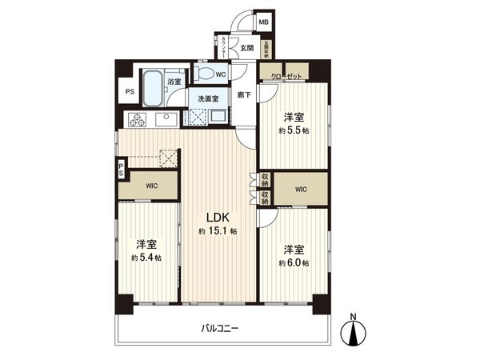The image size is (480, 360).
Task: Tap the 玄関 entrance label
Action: point(247,48)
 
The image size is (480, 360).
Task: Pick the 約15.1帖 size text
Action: point(218,231)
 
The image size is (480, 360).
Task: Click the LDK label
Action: point(218,217)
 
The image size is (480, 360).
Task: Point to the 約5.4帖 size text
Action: point(146,258)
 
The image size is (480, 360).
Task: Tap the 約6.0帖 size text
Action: point(294,263)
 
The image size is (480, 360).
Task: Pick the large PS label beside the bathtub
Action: point(129,91)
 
